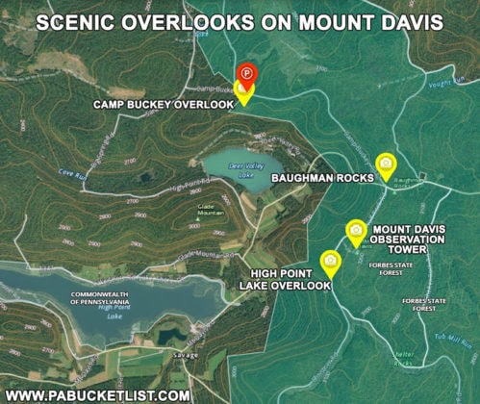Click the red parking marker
tap(246, 74)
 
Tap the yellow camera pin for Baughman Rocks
tap(386, 165)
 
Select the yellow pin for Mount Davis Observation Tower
tap(356, 231)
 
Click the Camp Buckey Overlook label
tap(162, 104)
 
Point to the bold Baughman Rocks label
tap(320, 178)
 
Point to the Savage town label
tap(187, 355)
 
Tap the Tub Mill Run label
tap(451, 338)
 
